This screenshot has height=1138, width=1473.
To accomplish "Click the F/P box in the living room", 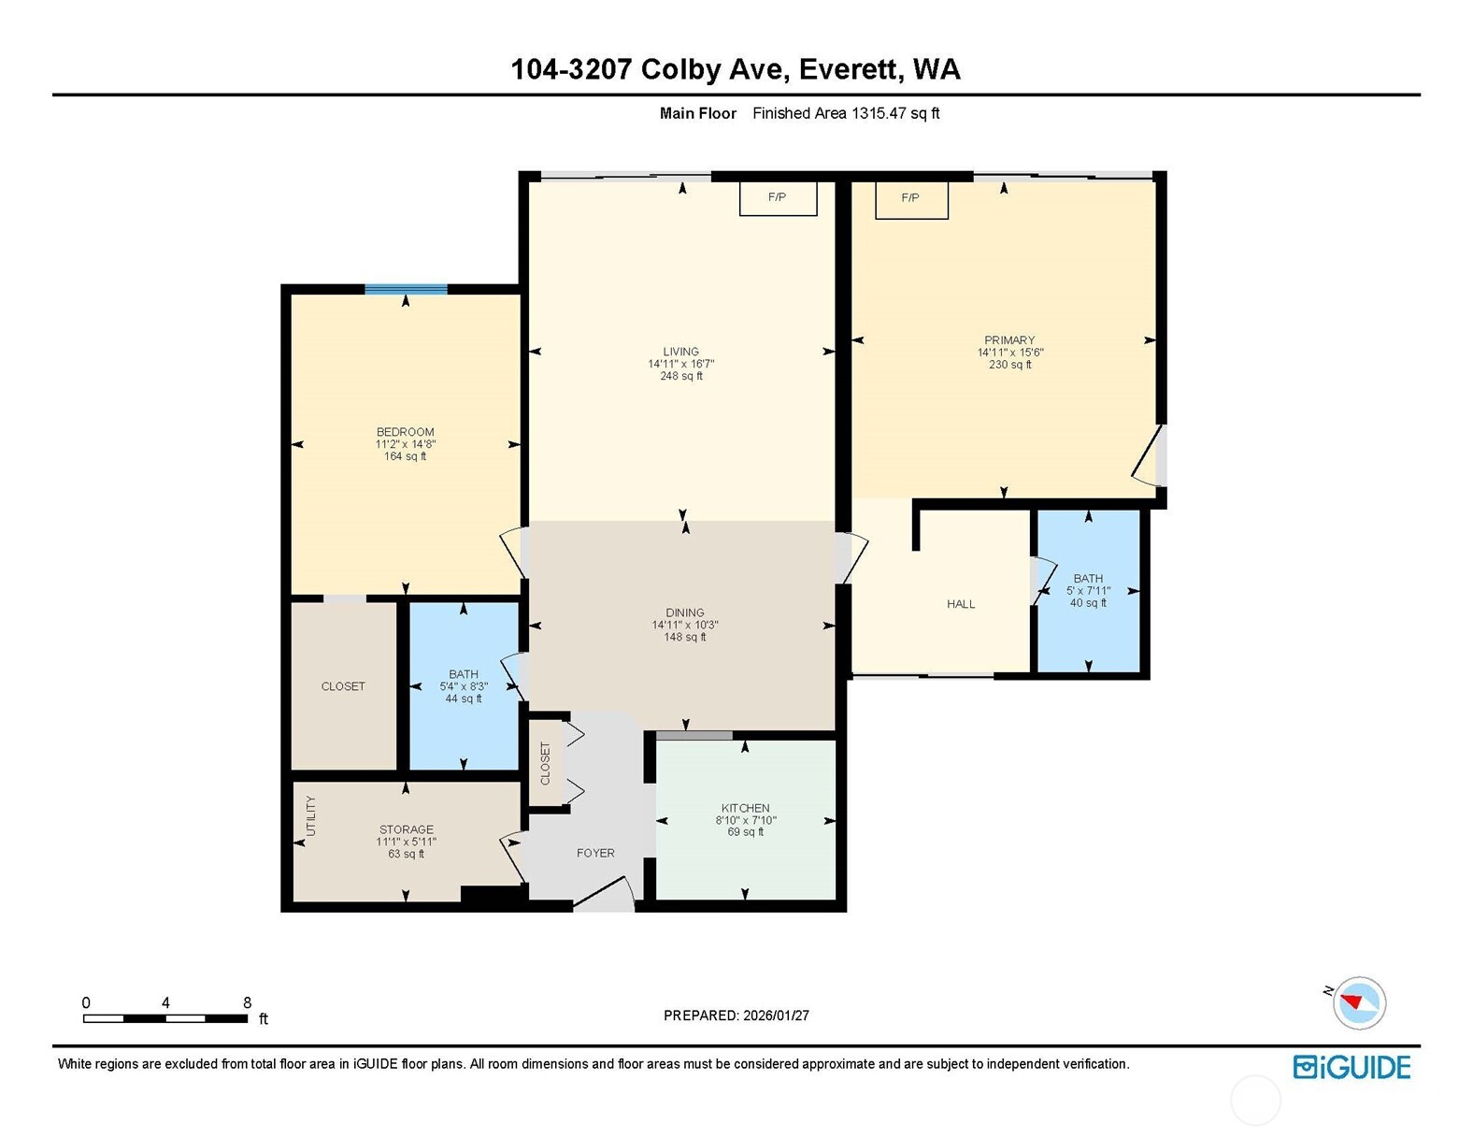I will point(778,198).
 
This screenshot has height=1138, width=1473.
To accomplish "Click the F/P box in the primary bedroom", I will point(911,198).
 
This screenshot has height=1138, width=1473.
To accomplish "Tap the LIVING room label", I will point(681,353).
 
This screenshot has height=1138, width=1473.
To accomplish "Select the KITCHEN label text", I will point(745,808).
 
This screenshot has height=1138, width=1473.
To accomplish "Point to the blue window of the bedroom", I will point(406,289).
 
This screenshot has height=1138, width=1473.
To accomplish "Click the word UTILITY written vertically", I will point(311,816).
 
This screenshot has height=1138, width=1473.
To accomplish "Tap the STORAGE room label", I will point(407,829).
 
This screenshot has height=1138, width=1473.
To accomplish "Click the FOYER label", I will point(595,853).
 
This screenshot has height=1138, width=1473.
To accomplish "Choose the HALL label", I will point(961,604).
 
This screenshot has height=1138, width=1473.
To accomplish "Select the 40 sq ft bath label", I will point(1088,603).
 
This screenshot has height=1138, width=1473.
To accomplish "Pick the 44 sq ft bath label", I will point(463,699).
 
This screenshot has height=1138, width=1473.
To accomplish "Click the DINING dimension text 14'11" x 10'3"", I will point(685,625).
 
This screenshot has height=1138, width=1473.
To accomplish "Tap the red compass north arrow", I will point(1352,1001).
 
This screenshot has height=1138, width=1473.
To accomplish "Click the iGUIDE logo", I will point(1351,1067).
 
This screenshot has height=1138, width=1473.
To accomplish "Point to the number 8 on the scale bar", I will point(248,1002).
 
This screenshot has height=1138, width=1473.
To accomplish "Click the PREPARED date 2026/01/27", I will point(775,1016).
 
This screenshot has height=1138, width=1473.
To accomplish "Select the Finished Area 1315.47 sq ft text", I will point(846,113).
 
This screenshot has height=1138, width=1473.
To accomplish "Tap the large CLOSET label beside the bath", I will point(343,686).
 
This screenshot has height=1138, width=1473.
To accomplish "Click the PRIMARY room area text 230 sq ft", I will point(1009,365).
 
